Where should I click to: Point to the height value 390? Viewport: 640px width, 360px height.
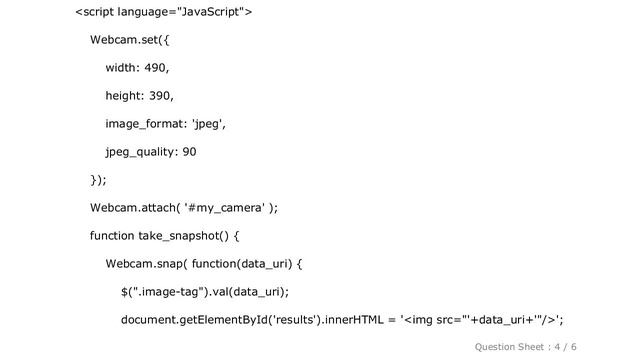(158, 96)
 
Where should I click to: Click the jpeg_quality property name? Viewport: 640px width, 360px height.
(141, 152)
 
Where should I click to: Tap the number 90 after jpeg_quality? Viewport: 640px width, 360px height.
(189, 152)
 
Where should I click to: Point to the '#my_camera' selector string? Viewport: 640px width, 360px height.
(225, 208)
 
